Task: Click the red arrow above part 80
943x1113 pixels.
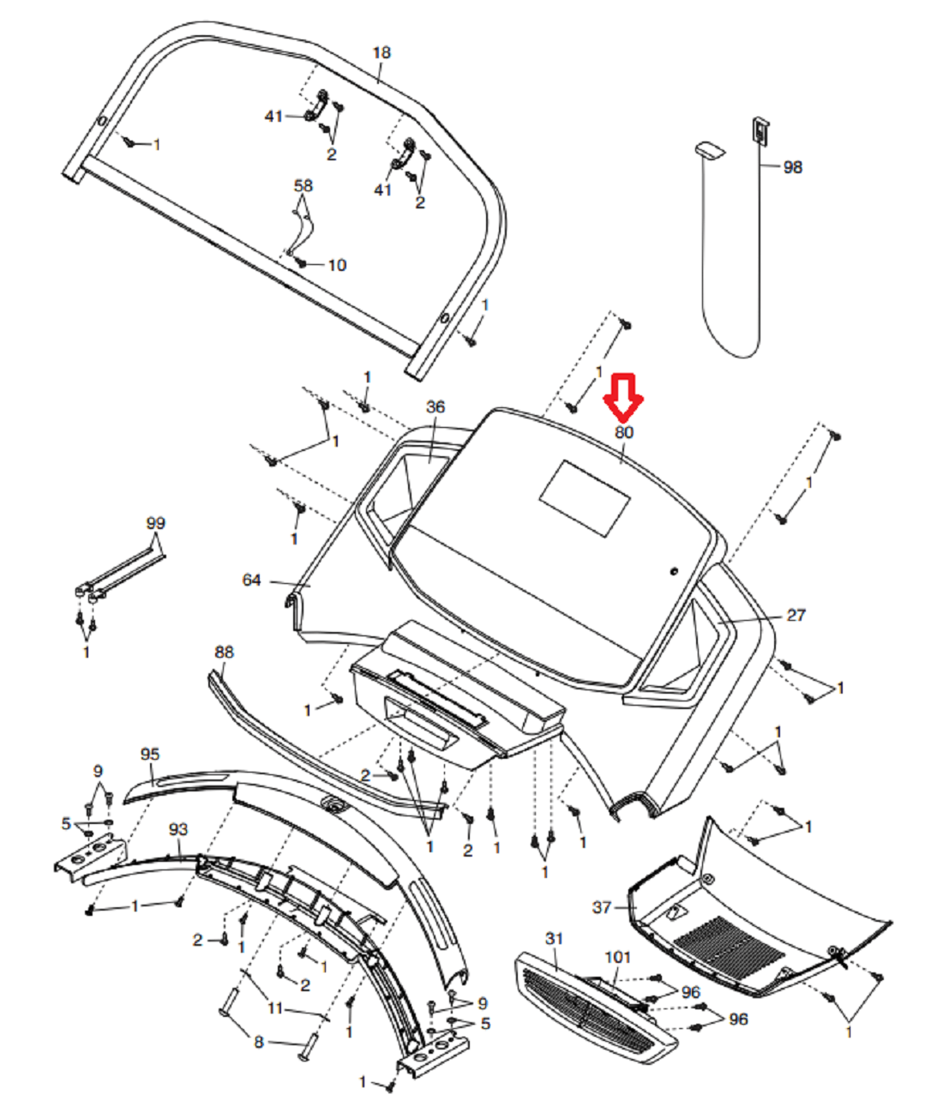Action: pos(623,396)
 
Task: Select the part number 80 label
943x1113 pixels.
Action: pos(624,432)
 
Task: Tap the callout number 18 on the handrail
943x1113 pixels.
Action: pos(381,53)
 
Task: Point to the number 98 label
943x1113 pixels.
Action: pos(793,167)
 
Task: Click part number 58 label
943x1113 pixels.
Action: pos(303,186)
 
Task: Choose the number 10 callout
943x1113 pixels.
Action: pos(337,265)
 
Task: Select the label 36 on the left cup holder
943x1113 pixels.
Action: pos(435,407)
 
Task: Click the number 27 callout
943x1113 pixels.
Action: pos(796,615)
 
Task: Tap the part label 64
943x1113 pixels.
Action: pos(251,581)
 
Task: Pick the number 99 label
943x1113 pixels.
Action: pos(155,523)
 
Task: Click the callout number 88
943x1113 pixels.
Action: pos(224,653)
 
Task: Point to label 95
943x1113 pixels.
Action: pos(150,755)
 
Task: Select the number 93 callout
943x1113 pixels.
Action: pos(178,830)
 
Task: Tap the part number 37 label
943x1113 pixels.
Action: pos(603,907)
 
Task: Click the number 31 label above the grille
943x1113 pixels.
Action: pos(555,939)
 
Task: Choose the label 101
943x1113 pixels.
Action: pos(617,957)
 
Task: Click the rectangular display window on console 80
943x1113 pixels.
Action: pos(584,498)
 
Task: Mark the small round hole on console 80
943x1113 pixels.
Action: pos(674,571)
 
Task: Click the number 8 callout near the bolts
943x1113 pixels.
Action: pos(259,1042)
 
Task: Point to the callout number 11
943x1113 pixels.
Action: pos(274,1008)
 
